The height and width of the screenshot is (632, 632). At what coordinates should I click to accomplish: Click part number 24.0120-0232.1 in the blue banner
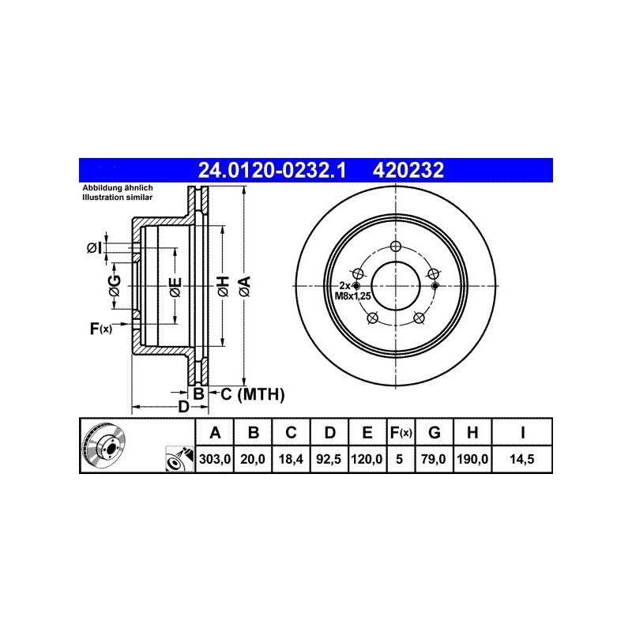(x=272, y=171)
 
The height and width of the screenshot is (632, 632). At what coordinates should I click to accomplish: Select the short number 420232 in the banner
(x=408, y=171)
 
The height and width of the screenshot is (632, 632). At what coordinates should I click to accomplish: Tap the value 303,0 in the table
(x=215, y=459)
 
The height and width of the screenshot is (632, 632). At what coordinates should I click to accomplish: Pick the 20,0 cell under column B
(x=253, y=459)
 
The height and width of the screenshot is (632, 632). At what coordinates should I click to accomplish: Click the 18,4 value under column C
(x=291, y=459)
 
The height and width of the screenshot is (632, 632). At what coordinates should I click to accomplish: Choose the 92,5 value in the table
(x=329, y=459)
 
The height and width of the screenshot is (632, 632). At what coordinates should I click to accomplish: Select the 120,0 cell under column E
(x=367, y=459)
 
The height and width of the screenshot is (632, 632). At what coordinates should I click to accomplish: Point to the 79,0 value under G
(x=434, y=459)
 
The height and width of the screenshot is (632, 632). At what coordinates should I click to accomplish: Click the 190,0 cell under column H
(x=472, y=459)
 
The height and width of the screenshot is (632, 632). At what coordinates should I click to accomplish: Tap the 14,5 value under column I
(x=522, y=459)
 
